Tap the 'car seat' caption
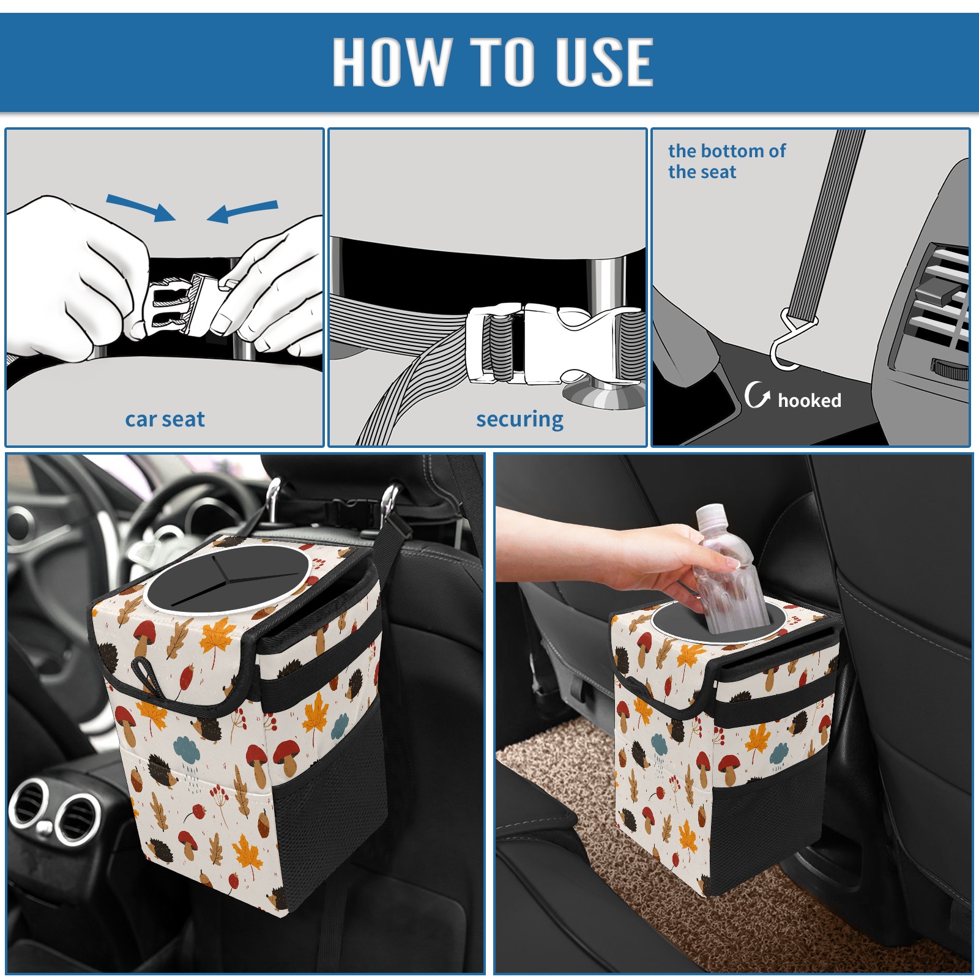[165, 419]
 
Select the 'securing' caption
[519, 420]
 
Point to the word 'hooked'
[810, 400]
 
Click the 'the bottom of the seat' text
[726, 161]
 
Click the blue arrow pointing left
[242, 211]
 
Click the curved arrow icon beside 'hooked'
[756, 395]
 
